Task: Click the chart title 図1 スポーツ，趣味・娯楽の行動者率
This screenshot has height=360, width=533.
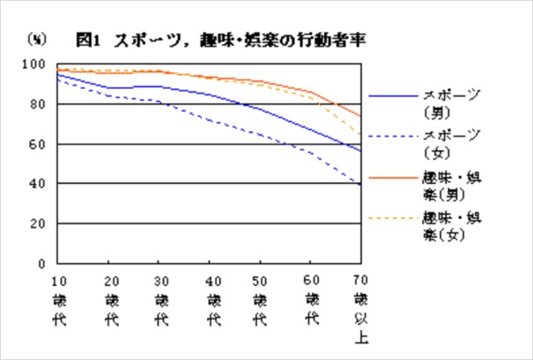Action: [220, 40]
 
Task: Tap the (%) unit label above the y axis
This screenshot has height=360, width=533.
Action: [38, 40]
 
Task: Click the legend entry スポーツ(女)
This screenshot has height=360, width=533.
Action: [451, 143]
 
